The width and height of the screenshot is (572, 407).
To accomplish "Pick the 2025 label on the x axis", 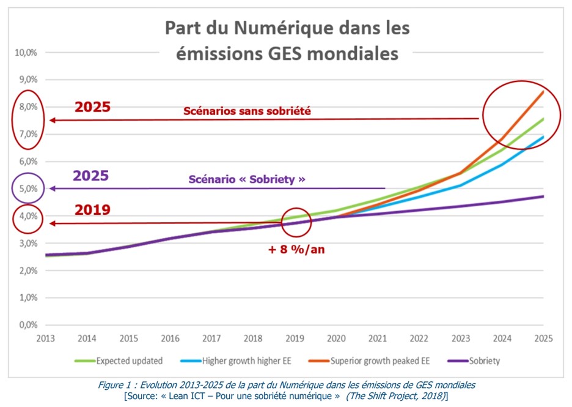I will (543, 338).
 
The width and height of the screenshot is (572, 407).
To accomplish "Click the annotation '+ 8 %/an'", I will (297, 250).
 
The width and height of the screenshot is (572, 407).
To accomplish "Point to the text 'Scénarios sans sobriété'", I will (247, 111).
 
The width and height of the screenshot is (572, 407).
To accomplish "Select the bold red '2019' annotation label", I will (92, 210).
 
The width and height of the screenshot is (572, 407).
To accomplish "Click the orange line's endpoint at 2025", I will (543, 91).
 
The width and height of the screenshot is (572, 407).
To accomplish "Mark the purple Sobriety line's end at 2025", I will (543, 196).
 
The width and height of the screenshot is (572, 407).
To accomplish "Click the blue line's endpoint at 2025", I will (543, 137).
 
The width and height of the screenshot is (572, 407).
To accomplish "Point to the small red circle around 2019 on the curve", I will (296, 223).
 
